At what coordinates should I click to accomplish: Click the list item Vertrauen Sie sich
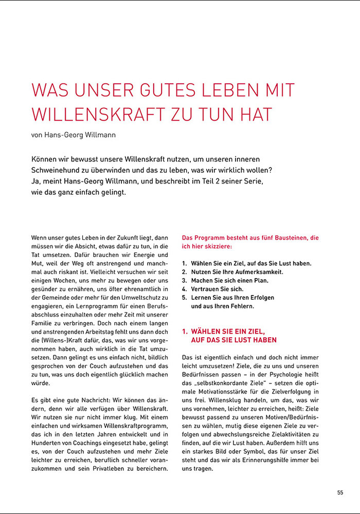(217, 289)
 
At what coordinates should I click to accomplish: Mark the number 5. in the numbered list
(185, 298)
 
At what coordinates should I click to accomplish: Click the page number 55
(340, 492)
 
